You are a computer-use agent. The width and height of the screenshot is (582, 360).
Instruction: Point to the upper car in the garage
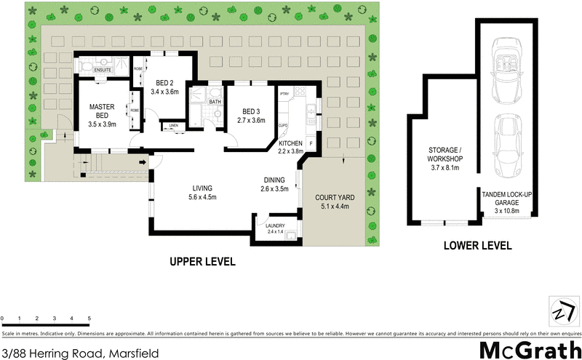(506, 70)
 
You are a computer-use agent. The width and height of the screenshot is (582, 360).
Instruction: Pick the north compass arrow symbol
(561, 311)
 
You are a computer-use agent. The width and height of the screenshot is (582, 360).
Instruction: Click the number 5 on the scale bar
(89, 319)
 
